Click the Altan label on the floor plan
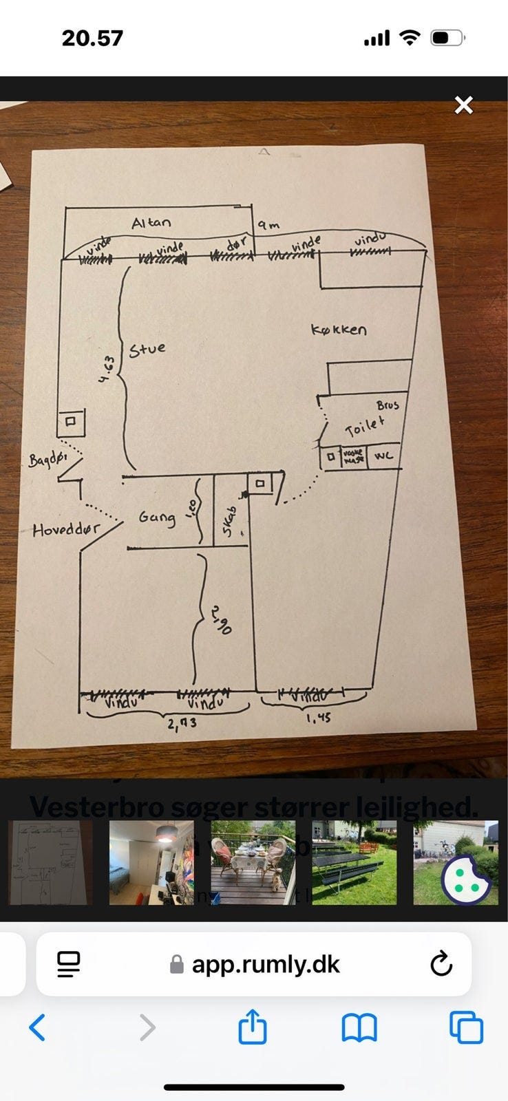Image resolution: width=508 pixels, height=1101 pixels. (151, 222)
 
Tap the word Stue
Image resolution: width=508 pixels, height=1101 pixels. (147, 349)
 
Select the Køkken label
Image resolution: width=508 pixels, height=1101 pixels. (339, 330)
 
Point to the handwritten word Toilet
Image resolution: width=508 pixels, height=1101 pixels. (364, 427)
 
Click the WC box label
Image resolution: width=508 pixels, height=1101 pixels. (383, 456)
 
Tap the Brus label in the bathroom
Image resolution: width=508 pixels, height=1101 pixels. (388, 405)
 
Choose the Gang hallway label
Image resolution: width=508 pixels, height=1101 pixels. (156, 517)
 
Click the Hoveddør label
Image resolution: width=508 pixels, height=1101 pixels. (66, 530)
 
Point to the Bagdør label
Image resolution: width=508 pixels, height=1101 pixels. (47, 459)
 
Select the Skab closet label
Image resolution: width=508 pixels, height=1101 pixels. (230, 521)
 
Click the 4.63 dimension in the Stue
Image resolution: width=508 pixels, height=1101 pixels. (105, 372)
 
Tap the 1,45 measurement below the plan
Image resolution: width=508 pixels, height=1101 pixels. (317, 718)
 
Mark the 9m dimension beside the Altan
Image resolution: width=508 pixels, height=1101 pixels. (268, 224)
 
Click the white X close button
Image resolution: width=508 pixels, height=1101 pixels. (464, 105)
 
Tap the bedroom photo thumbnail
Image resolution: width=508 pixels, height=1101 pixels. (151, 862)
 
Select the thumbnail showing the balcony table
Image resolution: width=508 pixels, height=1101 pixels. (253, 862)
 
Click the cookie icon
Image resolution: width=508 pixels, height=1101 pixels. (466, 879)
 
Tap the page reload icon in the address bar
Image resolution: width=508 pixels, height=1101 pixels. (441, 964)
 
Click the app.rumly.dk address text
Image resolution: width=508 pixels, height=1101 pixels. (266, 964)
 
